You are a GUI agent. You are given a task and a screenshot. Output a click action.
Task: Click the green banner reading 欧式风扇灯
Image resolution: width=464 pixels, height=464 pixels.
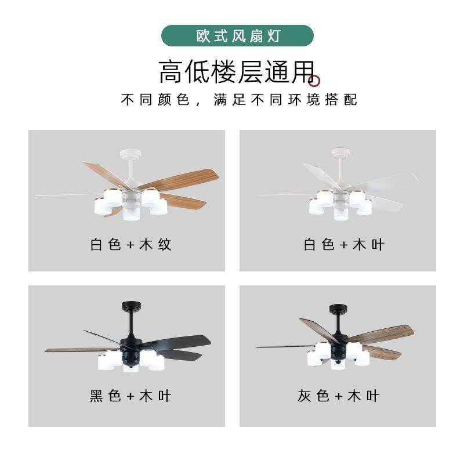(237, 36)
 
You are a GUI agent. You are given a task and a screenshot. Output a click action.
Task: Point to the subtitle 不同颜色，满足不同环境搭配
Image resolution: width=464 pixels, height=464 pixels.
(239, 100)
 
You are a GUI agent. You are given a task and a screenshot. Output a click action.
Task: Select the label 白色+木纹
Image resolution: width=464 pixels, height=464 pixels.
(131, 244)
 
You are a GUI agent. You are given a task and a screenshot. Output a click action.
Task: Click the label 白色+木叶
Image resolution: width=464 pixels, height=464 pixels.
(344, 244)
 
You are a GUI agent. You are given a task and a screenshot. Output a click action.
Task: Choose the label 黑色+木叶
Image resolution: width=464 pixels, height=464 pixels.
(131, 396)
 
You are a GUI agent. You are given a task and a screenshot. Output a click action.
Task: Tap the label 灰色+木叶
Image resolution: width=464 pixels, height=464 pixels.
(339, 396)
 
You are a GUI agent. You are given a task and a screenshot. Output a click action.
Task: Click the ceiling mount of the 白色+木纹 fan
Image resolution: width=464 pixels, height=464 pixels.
(130, 154)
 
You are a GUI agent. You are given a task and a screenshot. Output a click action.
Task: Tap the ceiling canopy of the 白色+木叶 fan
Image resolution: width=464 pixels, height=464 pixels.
(340, 153)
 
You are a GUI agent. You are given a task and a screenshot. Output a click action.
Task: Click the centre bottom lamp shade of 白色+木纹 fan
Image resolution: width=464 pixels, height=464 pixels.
(131, 213)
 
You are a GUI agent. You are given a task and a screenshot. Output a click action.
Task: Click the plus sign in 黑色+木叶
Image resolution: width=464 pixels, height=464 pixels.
(130, 397)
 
